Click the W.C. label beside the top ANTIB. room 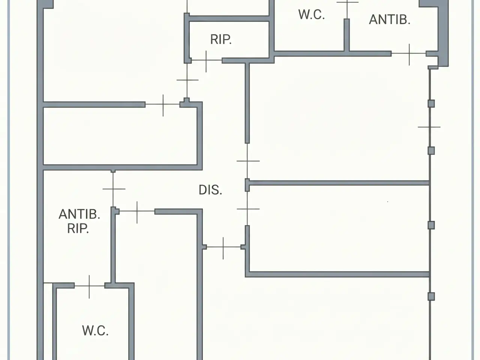(311, 15)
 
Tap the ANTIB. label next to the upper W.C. (390, 19)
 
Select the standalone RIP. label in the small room (221, 40)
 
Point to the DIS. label (210, 190)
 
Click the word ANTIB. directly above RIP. (79, 214)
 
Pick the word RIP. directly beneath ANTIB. (78, 229)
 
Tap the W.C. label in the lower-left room (95, 330)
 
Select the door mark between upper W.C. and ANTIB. (347, 9)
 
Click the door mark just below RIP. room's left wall (187, 80)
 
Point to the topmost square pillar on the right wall (431, 103)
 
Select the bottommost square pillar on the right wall (431, 297)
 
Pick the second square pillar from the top (431, 151)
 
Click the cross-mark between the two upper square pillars (429, 127)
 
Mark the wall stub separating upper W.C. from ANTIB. (346, 35)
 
